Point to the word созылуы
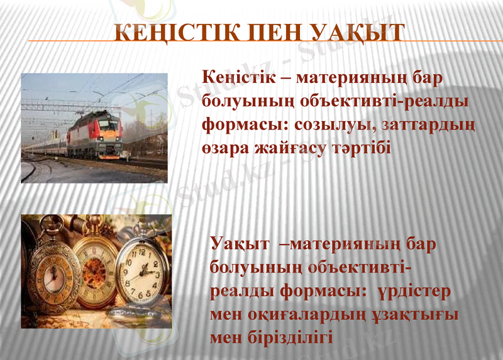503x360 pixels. [331, 125]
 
